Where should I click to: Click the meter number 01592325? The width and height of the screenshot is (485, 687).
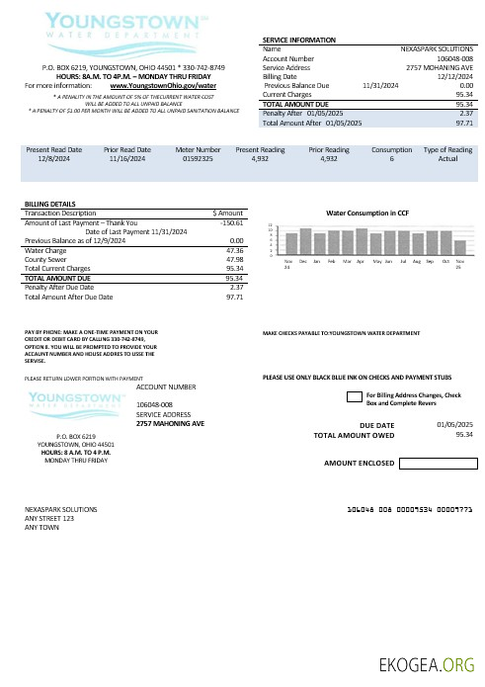[191, 157]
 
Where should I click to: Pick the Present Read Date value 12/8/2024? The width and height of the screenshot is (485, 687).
[51, 157]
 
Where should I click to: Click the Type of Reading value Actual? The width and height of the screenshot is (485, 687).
[447, 157]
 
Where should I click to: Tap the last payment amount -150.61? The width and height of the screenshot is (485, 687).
[231, 223]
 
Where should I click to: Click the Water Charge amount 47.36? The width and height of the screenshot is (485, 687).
[234, 250]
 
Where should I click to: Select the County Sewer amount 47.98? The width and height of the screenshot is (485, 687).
[234, 259]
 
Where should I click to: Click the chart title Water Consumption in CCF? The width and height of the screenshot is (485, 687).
[367, 213]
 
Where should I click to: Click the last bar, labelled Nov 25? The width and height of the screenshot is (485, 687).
[460, 247]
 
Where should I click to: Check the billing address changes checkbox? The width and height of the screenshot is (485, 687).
[353, 396]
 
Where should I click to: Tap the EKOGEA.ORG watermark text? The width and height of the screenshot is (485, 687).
[430, 662]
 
